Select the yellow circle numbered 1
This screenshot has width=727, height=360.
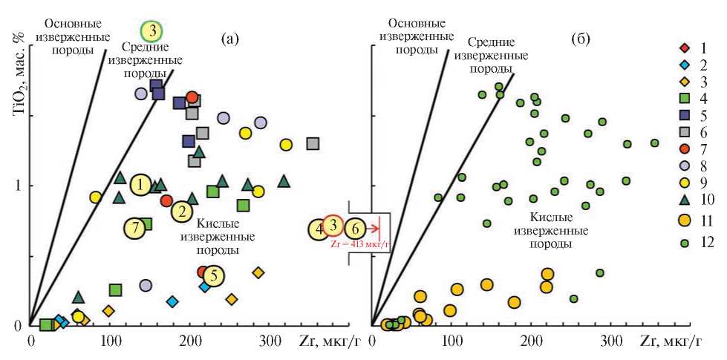(x=140, y=185)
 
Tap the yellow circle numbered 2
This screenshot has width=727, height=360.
(x=181, y=212)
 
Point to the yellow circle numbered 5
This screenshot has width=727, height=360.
(x=213, y=276)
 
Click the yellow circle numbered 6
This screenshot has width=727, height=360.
(x=355, y=229)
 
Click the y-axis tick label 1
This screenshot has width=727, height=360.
(x=20, y=185)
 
